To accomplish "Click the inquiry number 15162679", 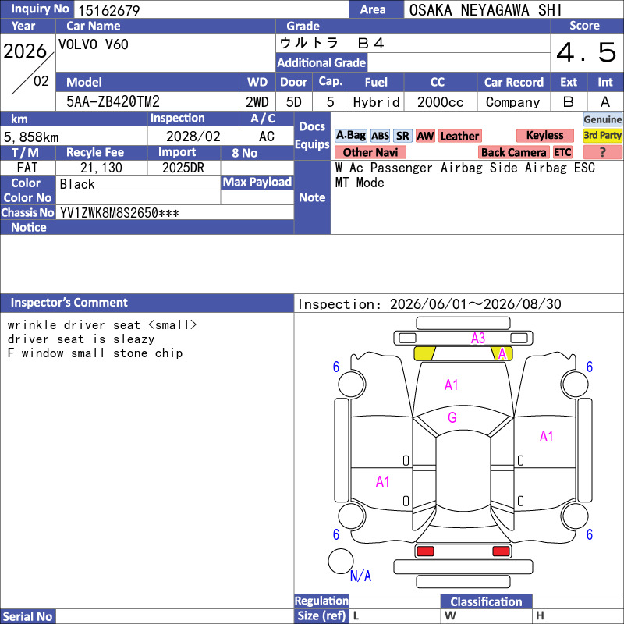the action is [109, 10].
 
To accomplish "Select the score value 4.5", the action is [587, 52].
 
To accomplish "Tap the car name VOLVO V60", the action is [94, 44].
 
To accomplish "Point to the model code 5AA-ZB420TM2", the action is [113, 102].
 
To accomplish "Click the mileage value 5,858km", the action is [31, 137].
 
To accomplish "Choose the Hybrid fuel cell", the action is [377, 102].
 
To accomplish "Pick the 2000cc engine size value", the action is [441, 102].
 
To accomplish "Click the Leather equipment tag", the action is [459, 136].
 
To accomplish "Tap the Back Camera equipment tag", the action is [514, 152].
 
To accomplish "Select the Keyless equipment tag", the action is [544, 135].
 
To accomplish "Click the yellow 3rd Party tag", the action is [602, 135].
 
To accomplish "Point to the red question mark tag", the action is [602, 152].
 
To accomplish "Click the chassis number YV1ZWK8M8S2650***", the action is [119, 213].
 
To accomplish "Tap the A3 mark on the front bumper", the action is [478, 339].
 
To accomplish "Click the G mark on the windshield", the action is [452, 417].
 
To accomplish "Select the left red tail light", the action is [425, 551].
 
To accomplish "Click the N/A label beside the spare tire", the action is [360, 576].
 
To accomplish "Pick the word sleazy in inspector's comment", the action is [133, 339].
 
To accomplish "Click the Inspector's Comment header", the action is [69, 303].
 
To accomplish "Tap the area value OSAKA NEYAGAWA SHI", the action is [485, 10].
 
